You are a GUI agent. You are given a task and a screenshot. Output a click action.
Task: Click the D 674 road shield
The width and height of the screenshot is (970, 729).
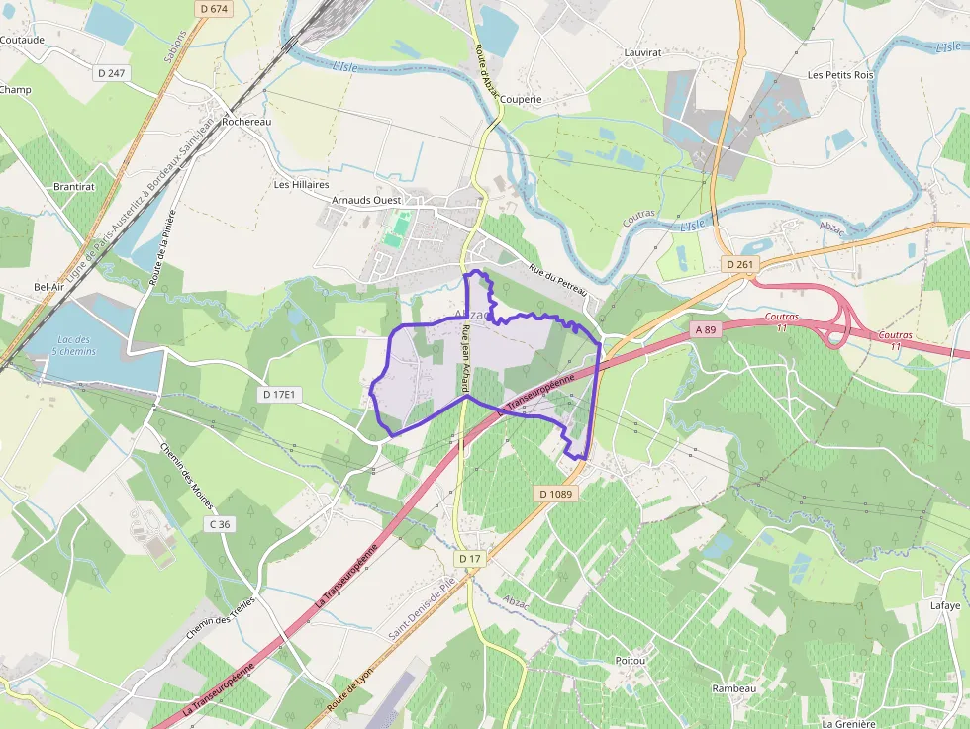coord(213,9)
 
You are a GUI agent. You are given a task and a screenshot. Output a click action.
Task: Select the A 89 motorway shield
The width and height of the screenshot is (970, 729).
coord(706,329)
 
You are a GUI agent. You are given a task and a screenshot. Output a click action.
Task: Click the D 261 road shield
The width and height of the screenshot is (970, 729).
coord(739,264)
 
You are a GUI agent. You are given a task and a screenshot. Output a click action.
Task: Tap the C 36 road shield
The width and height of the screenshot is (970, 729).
coord(219,524)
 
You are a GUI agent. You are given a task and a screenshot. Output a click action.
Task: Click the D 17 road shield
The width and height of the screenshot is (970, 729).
coord(469,559)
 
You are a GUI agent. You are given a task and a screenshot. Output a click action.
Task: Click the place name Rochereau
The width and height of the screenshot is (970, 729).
coord(246,122)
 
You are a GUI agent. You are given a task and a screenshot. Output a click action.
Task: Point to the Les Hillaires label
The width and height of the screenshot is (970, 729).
coord(302,184)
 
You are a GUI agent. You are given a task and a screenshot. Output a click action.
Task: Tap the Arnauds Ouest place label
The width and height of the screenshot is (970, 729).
coord(366,200)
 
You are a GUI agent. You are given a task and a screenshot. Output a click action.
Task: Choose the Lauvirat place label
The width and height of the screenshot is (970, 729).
coord(641,52)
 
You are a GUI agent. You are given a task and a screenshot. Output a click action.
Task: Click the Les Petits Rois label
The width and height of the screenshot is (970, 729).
coord(840,75)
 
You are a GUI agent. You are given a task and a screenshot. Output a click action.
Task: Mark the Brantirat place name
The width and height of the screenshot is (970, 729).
coord(74,186)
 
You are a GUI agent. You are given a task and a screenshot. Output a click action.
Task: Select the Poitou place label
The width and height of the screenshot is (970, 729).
coord(630,660)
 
